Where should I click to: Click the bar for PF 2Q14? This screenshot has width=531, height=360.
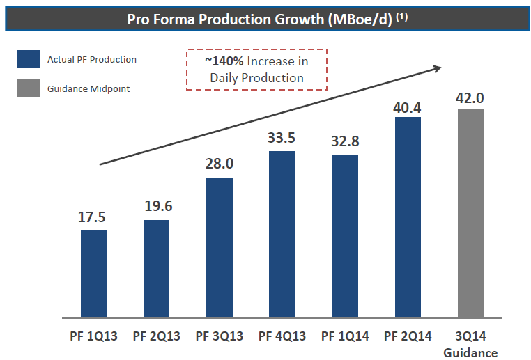pyautogui.click(x=408, y=215)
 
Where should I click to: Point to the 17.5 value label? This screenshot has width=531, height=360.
pyautogui.click(x=93, y=217)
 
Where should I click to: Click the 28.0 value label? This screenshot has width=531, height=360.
pyautogui.click(x=220, y=165)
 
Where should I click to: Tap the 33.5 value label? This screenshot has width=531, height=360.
pyautogui.click(x=282, y=137)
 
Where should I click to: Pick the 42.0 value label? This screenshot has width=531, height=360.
pyautogui.click(x=470, y=97)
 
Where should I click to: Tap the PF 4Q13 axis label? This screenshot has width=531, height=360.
pyautogui.click(x=282, y=336)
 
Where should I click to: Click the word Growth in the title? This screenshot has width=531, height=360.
pyautogui.click(x=300, y=19)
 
